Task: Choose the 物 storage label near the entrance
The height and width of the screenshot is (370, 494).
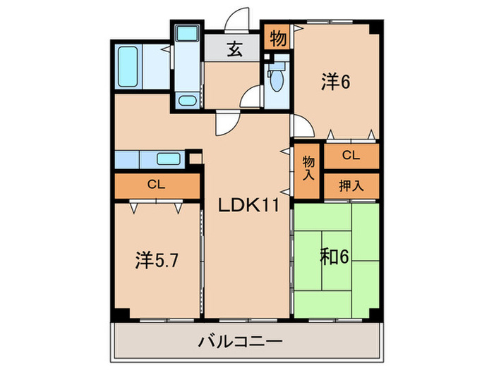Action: tap(278, 38)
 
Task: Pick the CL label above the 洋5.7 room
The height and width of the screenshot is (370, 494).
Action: tap(157, 185)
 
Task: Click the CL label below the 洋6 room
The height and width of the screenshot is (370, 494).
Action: tap(351, 155)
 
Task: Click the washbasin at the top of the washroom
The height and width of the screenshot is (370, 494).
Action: tap(187, 33)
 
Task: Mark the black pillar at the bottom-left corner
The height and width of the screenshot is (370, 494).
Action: tap(121, 314)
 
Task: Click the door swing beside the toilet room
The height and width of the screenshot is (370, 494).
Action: tap(251, 99)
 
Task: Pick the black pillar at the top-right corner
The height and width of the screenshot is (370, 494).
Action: tap(378, 27)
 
